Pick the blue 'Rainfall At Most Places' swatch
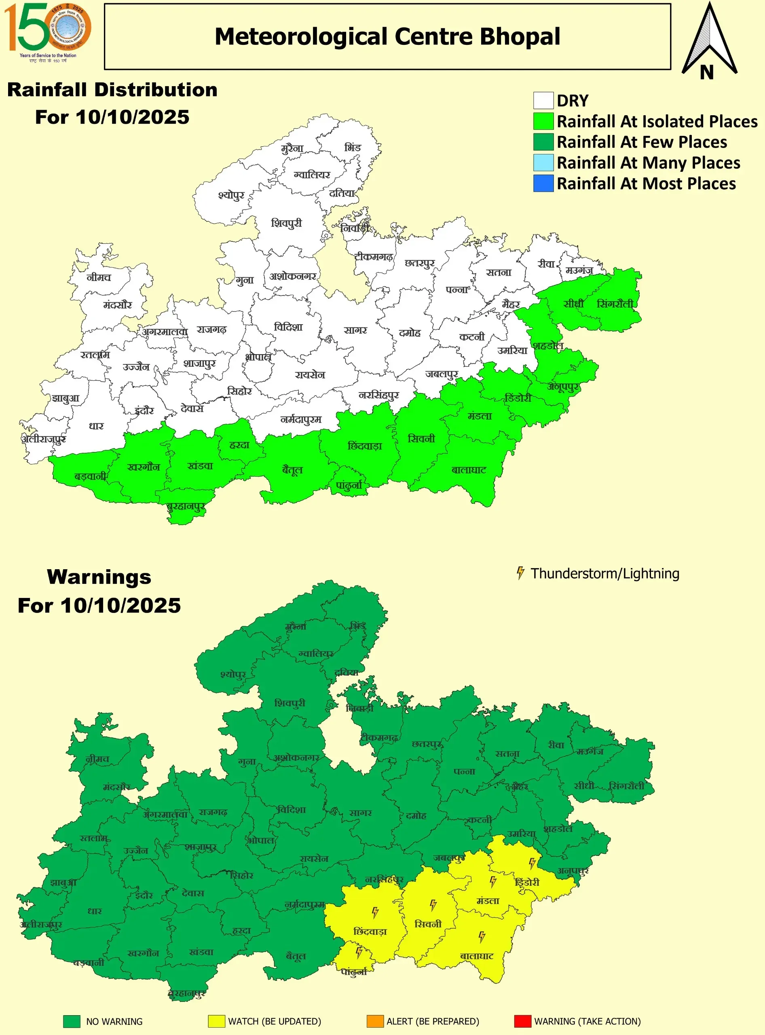(x=543, y=184)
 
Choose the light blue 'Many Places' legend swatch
(x=543, y=163)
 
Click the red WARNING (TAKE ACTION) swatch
(x=522, y=1021)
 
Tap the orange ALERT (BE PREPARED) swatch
(x=375, y=1021)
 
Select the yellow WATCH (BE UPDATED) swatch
(x=216, y=1021)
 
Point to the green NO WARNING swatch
(x=72, y=1021)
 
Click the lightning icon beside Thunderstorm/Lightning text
(x=520, y=573)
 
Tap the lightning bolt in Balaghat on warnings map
(x=482, y=937)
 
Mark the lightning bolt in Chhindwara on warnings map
(x=375, y=912)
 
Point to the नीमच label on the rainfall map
(x=99, y=277)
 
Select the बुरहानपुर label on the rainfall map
(x=186, y=506)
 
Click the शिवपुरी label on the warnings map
(x=290, y=703)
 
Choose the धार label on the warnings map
(x=95, y=911)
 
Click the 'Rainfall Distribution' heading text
(x=112, y=90)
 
